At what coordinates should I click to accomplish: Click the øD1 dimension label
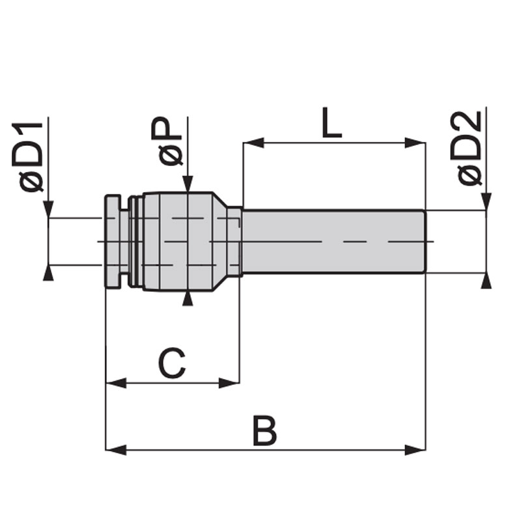[27, 157]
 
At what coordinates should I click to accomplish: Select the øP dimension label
[170, 141]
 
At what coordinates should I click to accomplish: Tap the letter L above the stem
[331, 122]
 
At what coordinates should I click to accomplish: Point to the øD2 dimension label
[469, 148]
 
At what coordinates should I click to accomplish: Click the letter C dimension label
[172, 363]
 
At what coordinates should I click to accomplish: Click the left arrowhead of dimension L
[253, 143]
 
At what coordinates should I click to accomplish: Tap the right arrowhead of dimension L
[415, 143]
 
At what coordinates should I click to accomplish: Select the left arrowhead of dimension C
[116, 383]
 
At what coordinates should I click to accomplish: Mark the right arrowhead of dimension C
[229, 383]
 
